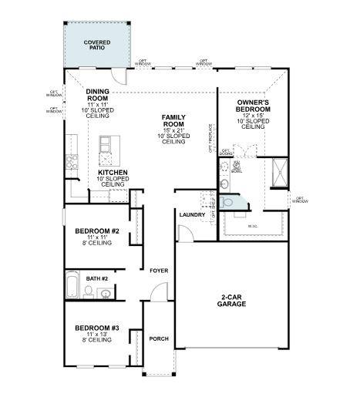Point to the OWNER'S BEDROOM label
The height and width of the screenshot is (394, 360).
[252, 106]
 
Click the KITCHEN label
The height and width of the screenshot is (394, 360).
[111, 173]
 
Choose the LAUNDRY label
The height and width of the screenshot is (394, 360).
[192, 215]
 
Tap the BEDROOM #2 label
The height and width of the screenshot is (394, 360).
[96, 231]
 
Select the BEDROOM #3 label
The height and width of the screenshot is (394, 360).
[96, 328]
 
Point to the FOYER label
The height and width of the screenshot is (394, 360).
[160, 271]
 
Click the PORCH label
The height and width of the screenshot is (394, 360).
[159, 338]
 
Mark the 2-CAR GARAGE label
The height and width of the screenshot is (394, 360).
[231, 301]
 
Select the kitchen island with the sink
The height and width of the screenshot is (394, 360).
[106, 150]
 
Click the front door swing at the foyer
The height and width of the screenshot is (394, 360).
[157, 292]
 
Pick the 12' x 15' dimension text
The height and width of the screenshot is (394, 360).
[252, 115]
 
